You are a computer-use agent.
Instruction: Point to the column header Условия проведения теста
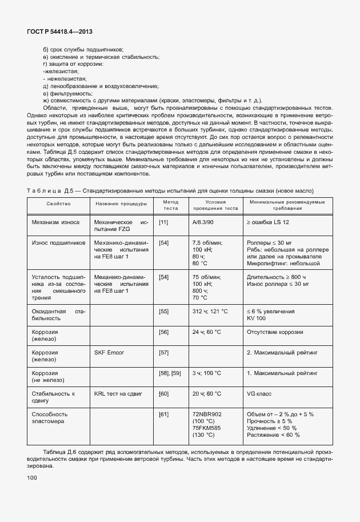click(215, 205)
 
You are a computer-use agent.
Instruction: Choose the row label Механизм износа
click(55, 222)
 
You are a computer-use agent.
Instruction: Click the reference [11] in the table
click(163, 222)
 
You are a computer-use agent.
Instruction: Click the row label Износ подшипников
click(59, 242)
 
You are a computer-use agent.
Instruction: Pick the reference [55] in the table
click(163, 311)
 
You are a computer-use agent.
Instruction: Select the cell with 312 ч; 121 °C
click(210, 311)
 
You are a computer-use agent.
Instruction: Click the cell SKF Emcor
click(109, 352)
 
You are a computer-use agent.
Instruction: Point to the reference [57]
click(163, 352)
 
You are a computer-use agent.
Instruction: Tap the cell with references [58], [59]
click(169, 373)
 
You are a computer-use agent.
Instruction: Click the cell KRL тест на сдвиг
click(119, 393)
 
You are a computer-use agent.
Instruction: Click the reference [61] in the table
click(163, 414)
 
